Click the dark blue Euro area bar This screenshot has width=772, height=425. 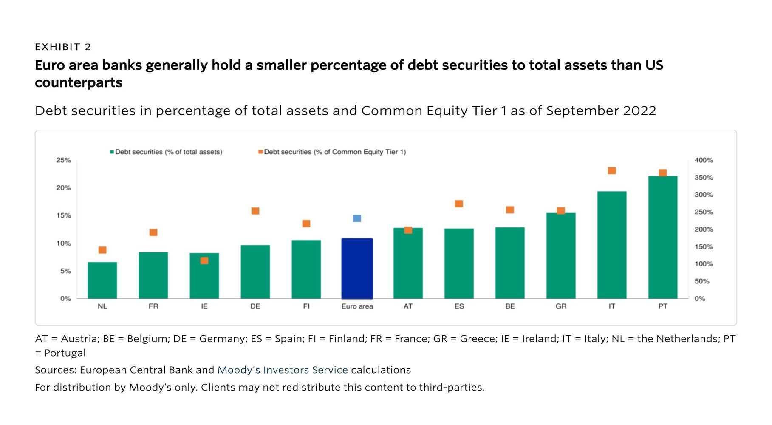point(357,269)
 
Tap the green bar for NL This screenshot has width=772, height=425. point(102,280)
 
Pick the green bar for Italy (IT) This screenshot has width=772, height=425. point(611,245)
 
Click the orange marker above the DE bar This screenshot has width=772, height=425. point(255,211)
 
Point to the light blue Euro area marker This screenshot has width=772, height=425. point(357,218)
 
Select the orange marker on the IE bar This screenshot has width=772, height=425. point(204,261)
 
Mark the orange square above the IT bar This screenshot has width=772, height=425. point(612,170)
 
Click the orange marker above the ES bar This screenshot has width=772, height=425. point(459,204)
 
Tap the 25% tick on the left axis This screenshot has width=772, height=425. point(63,160)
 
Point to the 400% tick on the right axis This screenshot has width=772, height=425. point(704,160)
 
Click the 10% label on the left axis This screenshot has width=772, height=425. point(63,244)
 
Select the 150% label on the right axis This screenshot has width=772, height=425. point(704,247)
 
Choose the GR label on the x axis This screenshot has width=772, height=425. point(561,306)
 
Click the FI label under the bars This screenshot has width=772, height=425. point(306,306)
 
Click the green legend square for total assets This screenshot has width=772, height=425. point(112,152)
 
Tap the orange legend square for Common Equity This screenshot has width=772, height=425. point(260,152)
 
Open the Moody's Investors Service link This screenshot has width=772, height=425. point(283,370)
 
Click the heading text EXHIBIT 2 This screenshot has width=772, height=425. point(63,47)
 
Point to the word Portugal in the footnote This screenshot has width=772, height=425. point(65,353)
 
